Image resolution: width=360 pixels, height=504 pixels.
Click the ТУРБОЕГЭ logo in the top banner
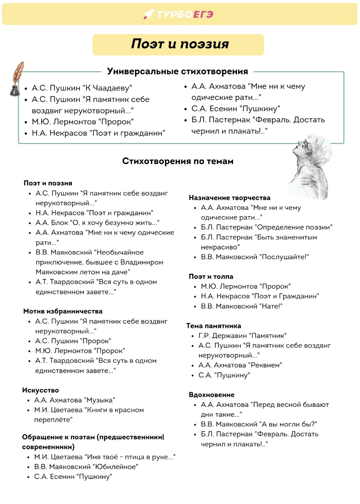coord(179,14)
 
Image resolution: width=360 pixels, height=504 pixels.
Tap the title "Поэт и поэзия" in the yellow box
coord(180,44)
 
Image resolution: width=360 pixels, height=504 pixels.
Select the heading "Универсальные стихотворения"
coord(177,71)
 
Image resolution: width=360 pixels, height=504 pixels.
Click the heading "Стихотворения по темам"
coord(178,161)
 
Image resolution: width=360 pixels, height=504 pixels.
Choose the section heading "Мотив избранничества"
coord(63,311)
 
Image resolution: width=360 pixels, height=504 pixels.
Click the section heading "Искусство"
coord(40,390)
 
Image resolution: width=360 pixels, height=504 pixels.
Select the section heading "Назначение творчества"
coord(230,198)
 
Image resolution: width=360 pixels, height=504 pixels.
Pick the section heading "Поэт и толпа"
coord(211,277)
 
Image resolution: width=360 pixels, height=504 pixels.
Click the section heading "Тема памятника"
coord(213,326)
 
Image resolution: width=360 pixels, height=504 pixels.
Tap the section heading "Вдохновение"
coord(212,395)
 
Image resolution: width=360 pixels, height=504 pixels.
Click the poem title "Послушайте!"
coord(285,257)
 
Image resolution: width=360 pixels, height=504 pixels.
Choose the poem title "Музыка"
coord(99,400)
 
